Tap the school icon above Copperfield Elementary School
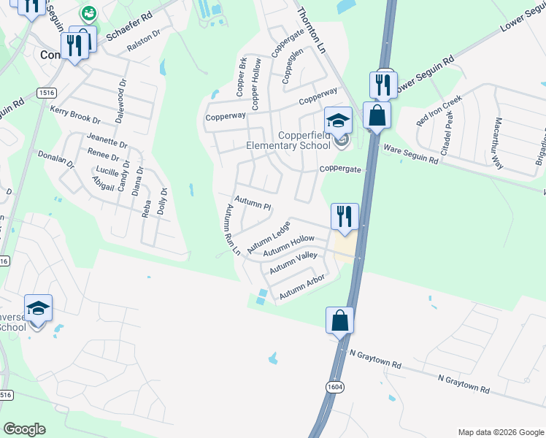(x=338, y=120)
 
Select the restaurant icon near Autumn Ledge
(x=345, y=216)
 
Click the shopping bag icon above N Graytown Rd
(x=339, y=320)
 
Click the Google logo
(x=24, y=429)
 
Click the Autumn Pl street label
(x=253, y=202)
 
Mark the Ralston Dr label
(x=144, y=45)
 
